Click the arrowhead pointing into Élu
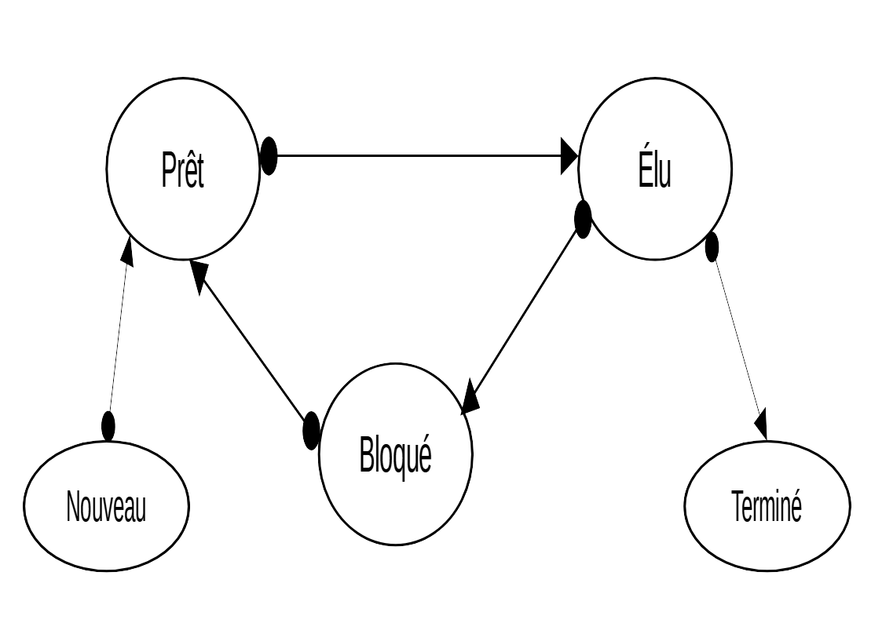click(569, 155)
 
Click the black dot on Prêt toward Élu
click(269, 155)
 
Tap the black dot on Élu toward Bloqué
click(583, 220)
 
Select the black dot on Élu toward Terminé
click(712, 247)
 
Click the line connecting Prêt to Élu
click(416, 155)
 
